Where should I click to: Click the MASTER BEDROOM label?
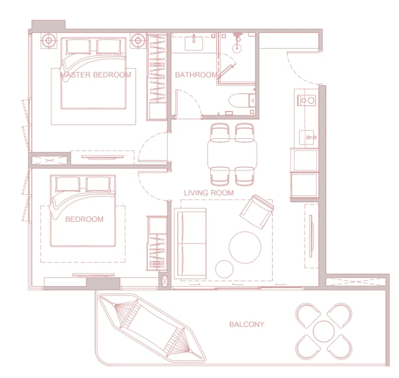[95, 75]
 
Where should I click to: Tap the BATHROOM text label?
[196, 75]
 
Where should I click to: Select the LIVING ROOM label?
[209, 192]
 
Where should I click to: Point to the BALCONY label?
[246, 324]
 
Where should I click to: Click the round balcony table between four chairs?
[324, 331]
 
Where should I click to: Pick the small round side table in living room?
[224, 268]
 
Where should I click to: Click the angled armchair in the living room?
[256, 212]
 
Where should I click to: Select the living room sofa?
[190, 243]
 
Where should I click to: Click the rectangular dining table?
[233, 153]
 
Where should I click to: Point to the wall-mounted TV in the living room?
[311, 233]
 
